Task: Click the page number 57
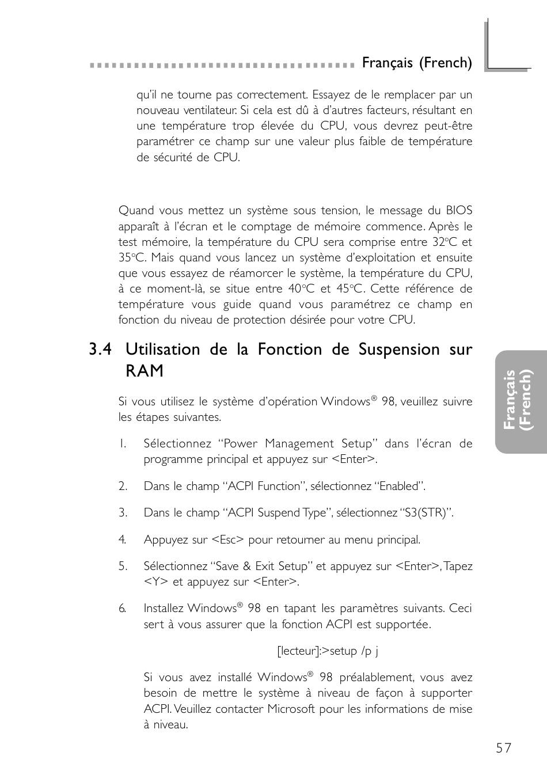point(503,748)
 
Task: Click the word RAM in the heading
point(145,371)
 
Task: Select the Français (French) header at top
point(417,63)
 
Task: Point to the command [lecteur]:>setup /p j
point(328,651)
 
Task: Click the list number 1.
point(122,443)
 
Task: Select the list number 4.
point(122,540)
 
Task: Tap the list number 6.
point(122,609)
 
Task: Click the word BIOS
point(459,211)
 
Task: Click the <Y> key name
point(155,582)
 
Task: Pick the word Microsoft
point(291,709)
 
